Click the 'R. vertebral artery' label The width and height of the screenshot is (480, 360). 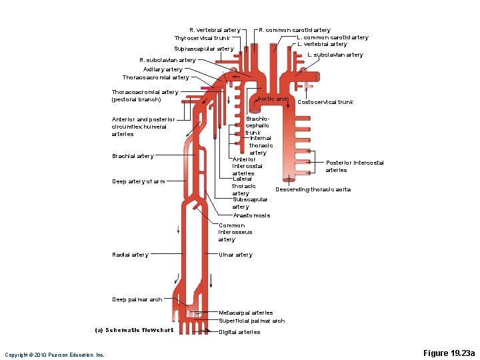215,30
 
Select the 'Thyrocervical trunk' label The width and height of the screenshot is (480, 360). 202,38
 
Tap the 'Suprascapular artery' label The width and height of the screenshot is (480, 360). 204,49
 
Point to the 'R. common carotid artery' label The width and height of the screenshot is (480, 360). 295,30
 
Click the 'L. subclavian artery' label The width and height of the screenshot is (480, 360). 335,55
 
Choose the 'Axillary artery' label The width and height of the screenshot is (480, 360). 163,69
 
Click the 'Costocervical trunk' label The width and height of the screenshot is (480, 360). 325,102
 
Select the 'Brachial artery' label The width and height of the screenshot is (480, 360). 133,156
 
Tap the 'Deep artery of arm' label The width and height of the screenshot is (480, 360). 139,181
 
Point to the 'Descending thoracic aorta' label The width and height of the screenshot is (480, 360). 313,189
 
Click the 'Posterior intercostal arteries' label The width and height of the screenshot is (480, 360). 355,166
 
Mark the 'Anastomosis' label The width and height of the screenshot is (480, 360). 251,215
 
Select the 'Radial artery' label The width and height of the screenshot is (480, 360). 131,255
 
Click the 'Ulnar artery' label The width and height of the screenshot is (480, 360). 235,255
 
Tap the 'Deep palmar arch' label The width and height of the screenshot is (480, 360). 137,299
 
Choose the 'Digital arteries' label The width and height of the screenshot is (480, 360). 239,332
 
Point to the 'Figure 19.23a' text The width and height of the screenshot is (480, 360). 449,353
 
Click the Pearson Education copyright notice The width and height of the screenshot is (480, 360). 55,355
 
